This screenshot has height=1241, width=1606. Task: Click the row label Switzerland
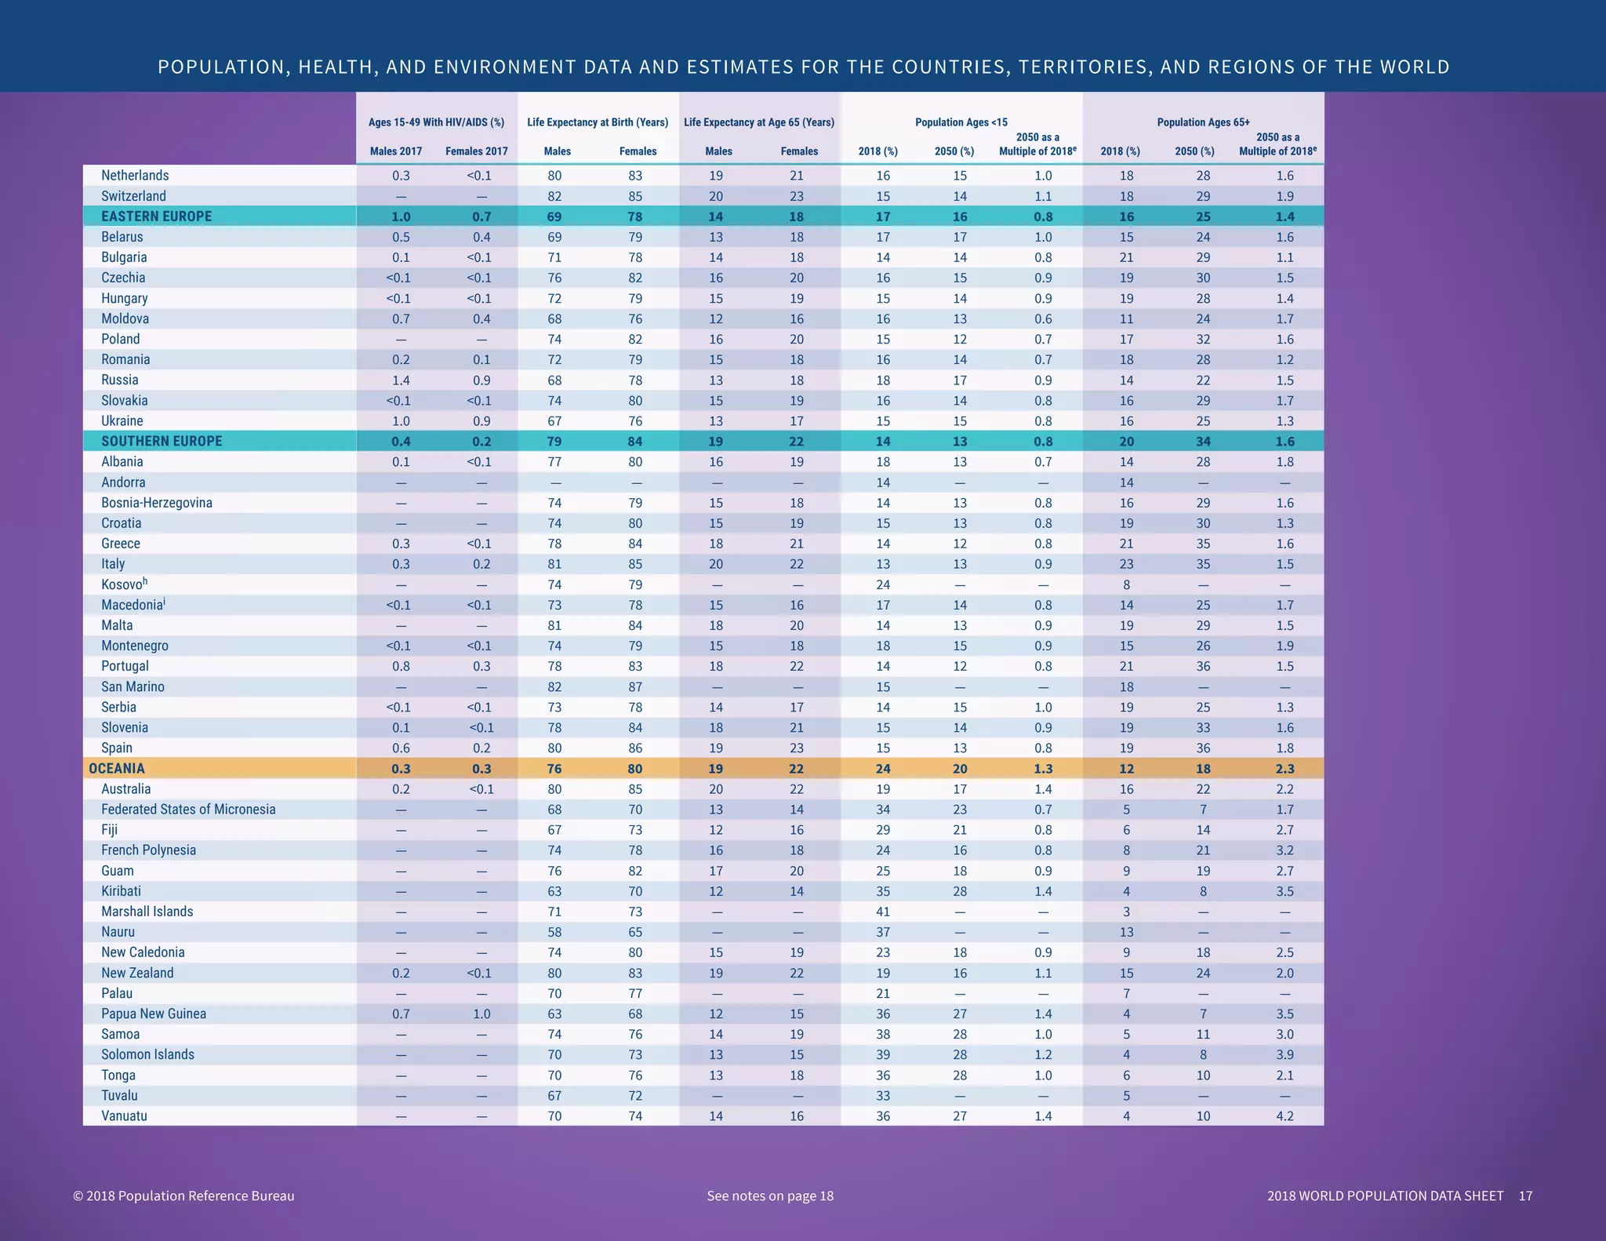(133, 196)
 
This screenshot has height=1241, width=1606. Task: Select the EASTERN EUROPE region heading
(156, 217)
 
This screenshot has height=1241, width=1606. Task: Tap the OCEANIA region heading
(117, 769)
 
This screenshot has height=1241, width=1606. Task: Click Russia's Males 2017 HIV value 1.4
(401, 380)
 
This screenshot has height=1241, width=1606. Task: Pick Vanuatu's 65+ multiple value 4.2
(1284, 1116)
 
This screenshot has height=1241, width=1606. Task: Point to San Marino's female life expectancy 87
(635, 687)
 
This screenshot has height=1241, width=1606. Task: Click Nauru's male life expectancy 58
(554, 932)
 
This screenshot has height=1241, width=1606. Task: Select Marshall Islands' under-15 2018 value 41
(883, 912)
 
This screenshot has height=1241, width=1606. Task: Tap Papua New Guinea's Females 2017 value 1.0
(481, 1014)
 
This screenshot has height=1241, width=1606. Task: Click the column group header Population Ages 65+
(1203, 122)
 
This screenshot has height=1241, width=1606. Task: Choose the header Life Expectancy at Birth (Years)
(598, 122)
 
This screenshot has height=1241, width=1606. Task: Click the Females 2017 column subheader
(477, 151)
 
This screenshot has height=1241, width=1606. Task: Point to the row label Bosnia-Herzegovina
(157, 503)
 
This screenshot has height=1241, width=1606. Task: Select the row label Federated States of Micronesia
(188, 810)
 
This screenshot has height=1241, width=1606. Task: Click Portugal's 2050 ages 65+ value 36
(1203, 667)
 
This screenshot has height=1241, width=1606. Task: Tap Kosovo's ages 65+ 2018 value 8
(1126, 584)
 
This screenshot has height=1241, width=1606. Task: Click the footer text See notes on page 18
(770, 1196)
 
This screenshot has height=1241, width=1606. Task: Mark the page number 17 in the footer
(1524, 1196)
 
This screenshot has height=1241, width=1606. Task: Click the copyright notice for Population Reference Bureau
(183, 1196)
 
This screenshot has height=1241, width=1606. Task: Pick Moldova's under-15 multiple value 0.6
(1043, 319)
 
